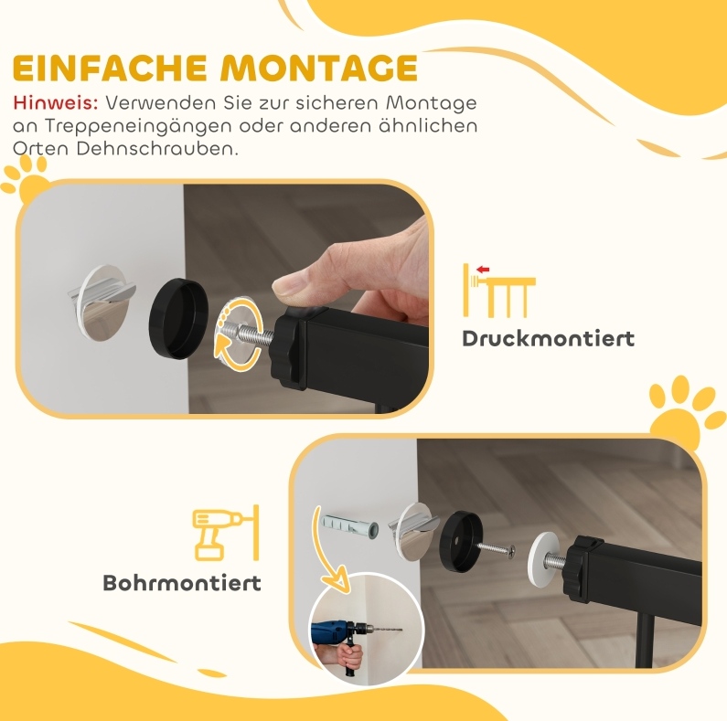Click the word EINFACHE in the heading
point(110,68)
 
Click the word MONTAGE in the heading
point(319,68)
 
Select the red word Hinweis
point(56,103)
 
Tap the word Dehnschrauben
point(157,149)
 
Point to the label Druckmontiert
point(548,339)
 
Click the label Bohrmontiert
point(182,583)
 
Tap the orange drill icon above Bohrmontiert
point(225,534)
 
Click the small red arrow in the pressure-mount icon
point(483,269)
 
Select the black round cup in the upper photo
point(178,318)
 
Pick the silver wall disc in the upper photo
point(104,302)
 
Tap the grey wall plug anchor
point(349,526)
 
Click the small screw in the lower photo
point(497,548)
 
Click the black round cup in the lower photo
point(461,539)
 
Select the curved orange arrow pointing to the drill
point(329,551)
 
